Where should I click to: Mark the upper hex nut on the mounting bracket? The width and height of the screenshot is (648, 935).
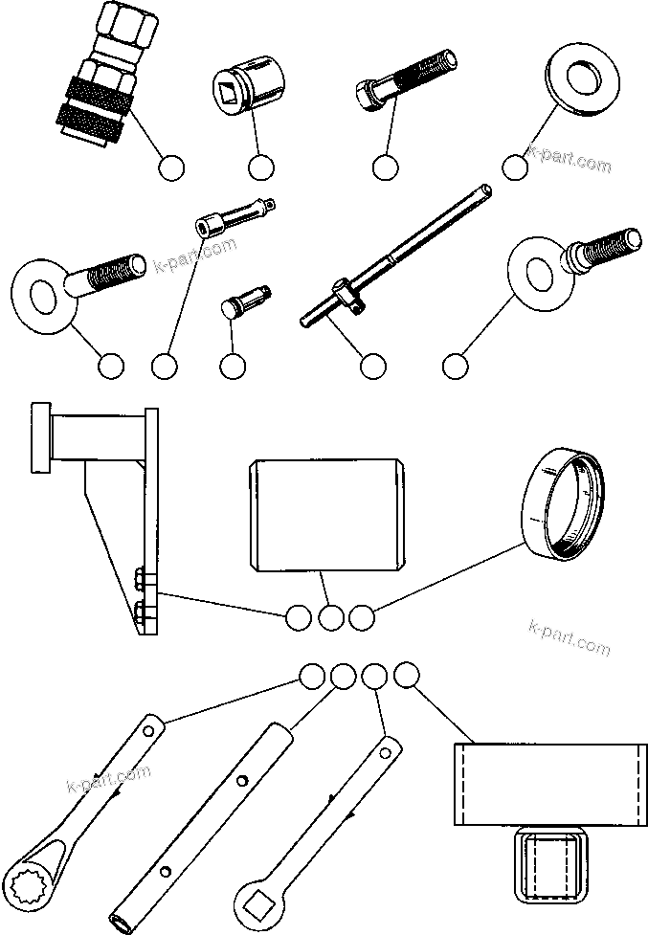141,579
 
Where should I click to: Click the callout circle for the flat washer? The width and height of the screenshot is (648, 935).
515,167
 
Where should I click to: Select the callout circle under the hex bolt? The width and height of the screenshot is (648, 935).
385,167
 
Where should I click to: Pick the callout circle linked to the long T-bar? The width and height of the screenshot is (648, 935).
372,366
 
